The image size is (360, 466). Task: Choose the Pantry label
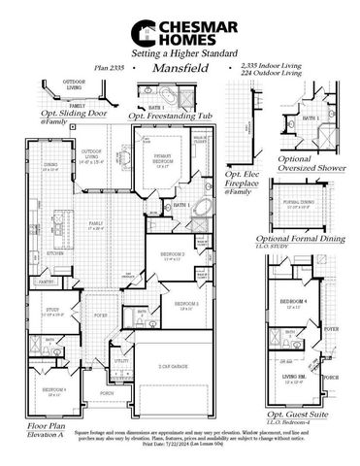pyautogui.click(x=46, y=282)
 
